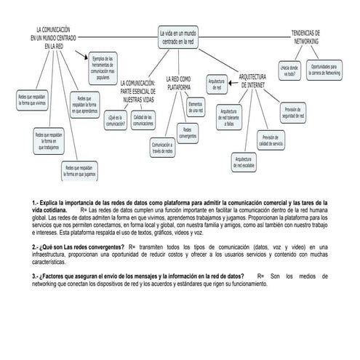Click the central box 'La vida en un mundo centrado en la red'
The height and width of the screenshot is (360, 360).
[x=179, y=38]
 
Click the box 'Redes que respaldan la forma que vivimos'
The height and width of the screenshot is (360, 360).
[x=32, y=99]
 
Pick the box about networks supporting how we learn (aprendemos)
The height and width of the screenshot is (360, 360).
[x=84, y=105]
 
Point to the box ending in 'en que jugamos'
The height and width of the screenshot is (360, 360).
[x=79, y=171]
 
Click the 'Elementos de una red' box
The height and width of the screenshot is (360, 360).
[x=196, y=108]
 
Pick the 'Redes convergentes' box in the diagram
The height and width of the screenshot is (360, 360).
[x=188, y=132]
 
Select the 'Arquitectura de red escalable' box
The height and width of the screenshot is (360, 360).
[x=244, y=161]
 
